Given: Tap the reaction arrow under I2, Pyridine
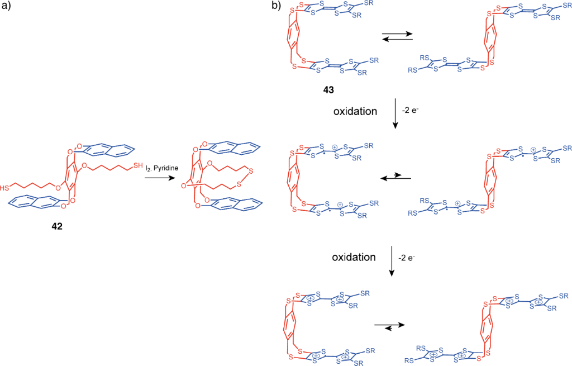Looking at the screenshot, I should click(x=160, y=178).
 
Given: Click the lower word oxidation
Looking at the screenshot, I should click(x=354, y=258).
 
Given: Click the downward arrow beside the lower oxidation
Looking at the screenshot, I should click(x=392, y=261).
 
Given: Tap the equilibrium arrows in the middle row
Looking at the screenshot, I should click(x=395, y=178).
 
